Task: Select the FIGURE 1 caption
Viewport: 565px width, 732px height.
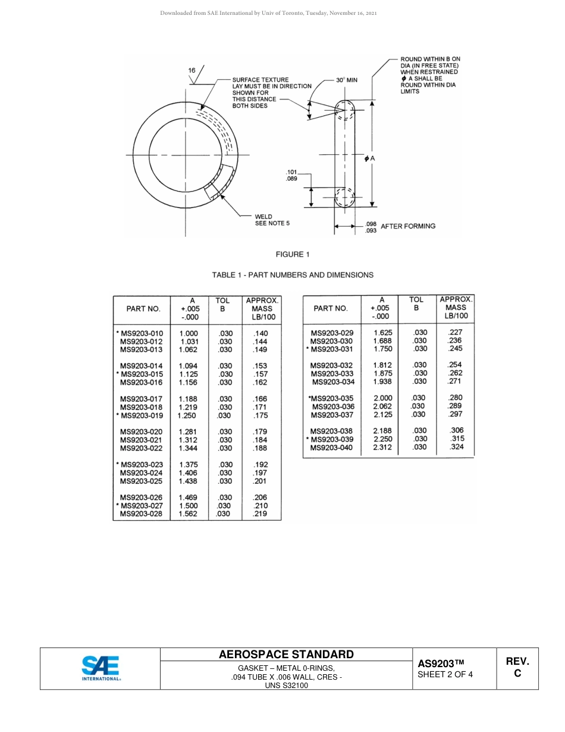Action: tap(293, 255)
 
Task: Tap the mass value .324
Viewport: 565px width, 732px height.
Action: tap(457, 447)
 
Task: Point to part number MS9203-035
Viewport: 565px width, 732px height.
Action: tap(331, 398)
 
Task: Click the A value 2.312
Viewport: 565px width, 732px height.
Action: tap(382, 447)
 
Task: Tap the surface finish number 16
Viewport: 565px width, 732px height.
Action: tap(192, 70)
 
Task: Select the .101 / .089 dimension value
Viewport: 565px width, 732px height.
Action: tap(291, 175)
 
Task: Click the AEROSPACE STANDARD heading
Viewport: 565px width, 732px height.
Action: tap(286, 655)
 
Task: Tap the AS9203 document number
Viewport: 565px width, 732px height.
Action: tap(440, 664)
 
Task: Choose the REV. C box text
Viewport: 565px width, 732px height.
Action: tap(517, 667)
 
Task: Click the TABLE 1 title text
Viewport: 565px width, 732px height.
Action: tap(293, 275)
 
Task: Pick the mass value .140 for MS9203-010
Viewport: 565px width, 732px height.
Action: tap(260, 334)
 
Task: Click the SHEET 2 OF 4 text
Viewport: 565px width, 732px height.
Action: tap(445, 675)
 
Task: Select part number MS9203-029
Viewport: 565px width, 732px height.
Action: tap(332, 333)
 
